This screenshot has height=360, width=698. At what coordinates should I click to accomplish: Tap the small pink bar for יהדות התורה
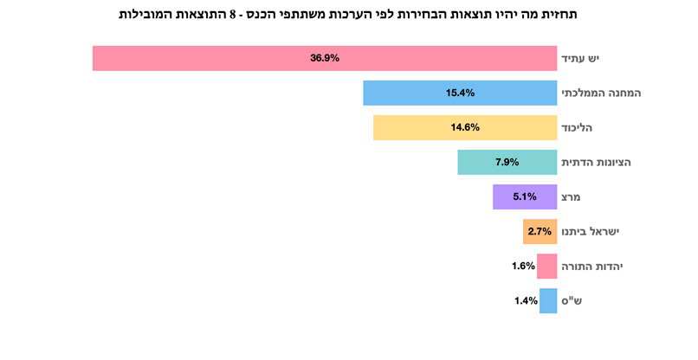(546, 266)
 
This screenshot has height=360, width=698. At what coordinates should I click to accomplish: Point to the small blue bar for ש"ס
(547, 300)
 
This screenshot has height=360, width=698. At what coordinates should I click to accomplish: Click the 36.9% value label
(325, 58)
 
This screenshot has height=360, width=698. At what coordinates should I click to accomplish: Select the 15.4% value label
(460, 93)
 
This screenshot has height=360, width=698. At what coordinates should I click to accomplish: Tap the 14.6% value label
(465, 127)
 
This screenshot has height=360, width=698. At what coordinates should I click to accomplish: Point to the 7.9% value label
(507, 162)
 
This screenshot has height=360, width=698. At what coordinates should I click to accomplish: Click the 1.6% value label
(523, 266)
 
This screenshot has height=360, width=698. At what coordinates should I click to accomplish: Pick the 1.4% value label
(526, 300)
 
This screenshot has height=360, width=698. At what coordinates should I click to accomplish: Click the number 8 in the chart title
(233, 15)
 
